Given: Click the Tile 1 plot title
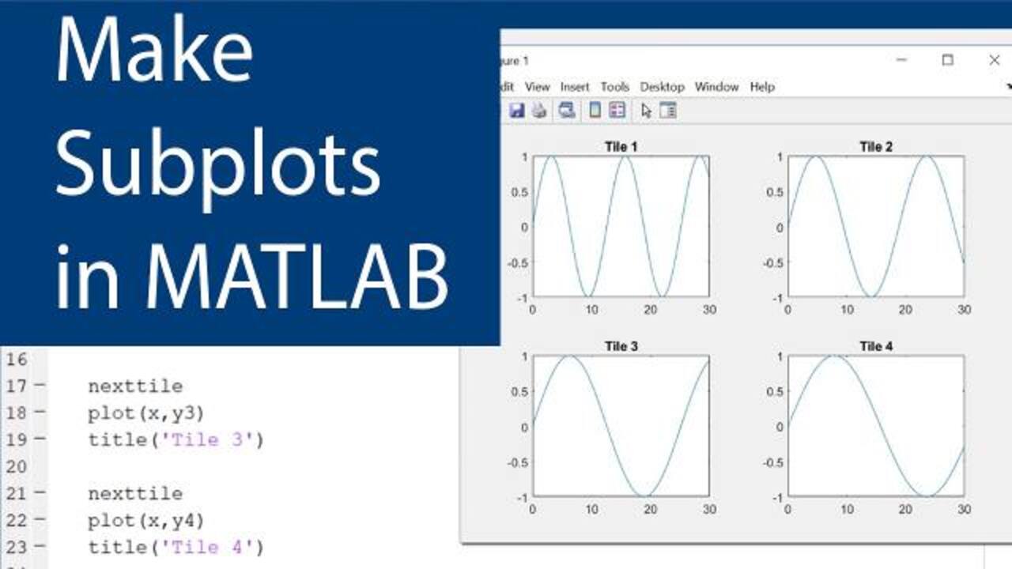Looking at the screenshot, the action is click(x=621, y=147).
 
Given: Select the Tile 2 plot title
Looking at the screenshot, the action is click(x=875, y=147).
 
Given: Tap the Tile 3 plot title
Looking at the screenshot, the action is click(x=621, y=346).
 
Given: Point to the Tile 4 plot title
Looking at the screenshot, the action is click(x=875, y=346).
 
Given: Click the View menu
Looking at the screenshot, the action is click(x=537, y=87).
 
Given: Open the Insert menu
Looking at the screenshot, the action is click(x=575, y=87).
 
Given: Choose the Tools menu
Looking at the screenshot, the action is click(x=615, y=87).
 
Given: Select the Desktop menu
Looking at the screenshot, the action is click(x=663, y=87).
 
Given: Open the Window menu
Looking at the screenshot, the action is click(x=716, y=87).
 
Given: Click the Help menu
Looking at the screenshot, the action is click(x=763, y=87).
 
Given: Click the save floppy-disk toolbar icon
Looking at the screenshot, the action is click(x=517, y=110).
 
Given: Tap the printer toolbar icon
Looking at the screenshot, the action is click(x=539, y=110).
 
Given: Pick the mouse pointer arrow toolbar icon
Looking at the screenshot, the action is click(x=646, y=111).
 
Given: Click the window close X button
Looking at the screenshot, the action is click(x=994, y=60).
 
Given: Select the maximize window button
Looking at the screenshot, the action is click(x=947, y=60).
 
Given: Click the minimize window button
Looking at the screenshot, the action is click(x=901, y=60).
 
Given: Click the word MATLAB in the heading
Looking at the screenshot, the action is click(x=296, y=277).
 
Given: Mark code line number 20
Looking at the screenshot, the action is click(x=17, y=466).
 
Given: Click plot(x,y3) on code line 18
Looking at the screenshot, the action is click(x=146, y=413).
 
